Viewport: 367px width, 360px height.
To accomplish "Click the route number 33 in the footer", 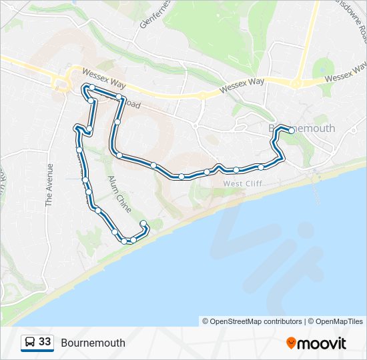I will (45, 342).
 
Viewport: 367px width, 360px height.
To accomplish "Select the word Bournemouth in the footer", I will (93, 343).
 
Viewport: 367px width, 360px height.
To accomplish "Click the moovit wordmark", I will (322, 343).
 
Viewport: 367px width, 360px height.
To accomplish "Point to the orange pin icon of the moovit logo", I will (292, 343).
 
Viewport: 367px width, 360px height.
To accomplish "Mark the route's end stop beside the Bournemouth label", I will (291, 131).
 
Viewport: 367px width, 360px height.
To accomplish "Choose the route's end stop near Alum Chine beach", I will (143, 223).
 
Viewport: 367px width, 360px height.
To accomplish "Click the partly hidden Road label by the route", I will (132, 104).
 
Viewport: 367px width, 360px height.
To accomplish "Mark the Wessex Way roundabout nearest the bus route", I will (62, 83).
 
